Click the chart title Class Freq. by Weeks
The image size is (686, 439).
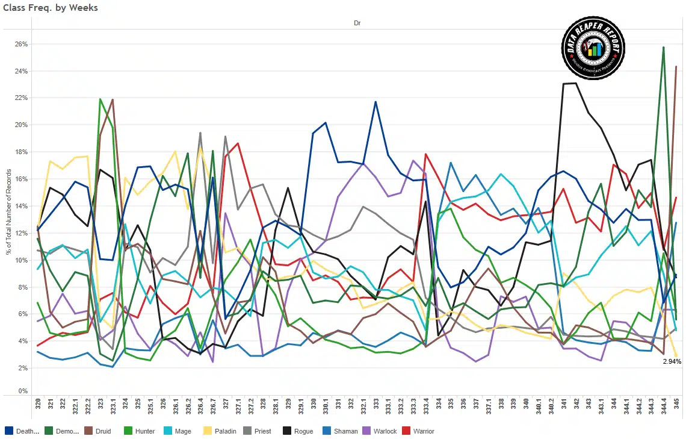point(50,8)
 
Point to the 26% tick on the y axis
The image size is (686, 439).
point(21,44)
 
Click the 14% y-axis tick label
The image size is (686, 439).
point(21,206)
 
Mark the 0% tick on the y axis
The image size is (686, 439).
point(22,391)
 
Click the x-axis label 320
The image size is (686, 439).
point(38,405)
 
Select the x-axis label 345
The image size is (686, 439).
point(677,405)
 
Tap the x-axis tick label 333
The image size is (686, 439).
point(375,405)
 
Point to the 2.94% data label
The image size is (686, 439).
point(672,361)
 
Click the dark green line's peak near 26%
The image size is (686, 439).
point(663,47)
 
